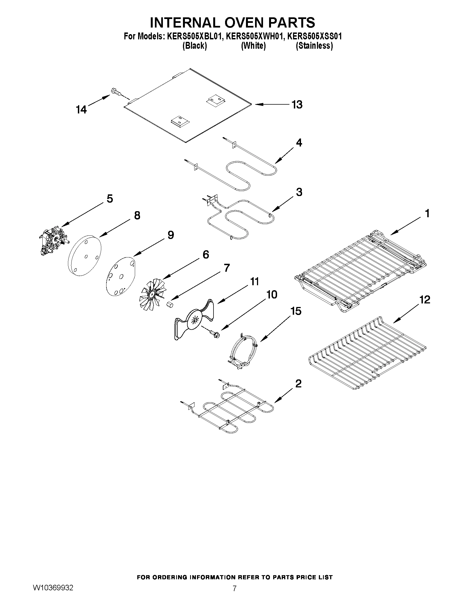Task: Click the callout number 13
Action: pyautogui.click(x=297, y=105)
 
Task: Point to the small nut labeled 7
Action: pyautogui.click(x=170, y=305)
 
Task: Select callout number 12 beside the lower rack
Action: pyautogui.click(x=424, y=300)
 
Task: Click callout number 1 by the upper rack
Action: pyautogui.click(x=427, y=213)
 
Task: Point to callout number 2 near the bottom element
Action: pyautogui.click(x=298, y=384)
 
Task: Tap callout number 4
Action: pyautogui.click(x=299, y=143)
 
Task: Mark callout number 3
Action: pyautogui.click(x=299, y=192)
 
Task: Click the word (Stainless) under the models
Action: pyautogui.click(x=314, y=46)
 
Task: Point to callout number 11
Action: pyautogui.click(x=254, y=282)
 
